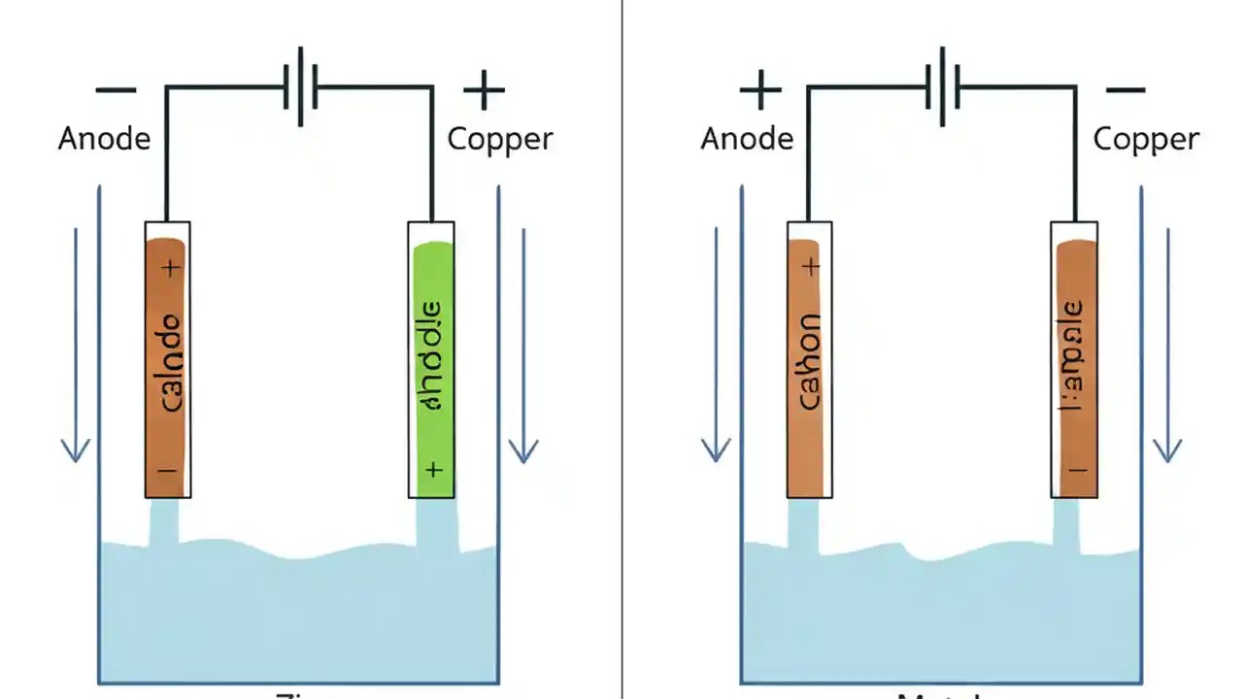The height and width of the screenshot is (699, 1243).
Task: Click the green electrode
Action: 432,369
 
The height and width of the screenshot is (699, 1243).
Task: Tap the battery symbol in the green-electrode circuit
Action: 300,86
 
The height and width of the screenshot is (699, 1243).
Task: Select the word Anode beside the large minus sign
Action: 104,139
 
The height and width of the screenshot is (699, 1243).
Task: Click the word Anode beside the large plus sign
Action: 747,139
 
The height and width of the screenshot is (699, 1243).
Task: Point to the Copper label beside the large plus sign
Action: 500,139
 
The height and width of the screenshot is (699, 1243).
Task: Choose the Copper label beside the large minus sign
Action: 1146,139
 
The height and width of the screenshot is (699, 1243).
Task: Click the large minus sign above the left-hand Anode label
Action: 116,90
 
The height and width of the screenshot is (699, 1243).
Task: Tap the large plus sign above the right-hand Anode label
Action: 760,91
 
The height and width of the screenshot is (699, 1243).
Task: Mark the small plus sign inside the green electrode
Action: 433,470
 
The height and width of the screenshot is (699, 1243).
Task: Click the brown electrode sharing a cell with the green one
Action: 167,367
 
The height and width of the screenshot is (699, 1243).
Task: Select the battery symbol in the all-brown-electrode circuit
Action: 943,86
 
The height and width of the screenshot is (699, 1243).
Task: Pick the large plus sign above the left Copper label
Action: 484,91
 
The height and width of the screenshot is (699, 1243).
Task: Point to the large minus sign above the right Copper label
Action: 1125,90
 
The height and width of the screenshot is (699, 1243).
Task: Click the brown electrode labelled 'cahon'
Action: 809,367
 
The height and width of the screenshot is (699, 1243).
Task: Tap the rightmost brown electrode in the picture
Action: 1075,367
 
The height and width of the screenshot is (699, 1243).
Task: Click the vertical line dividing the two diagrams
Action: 621,349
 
